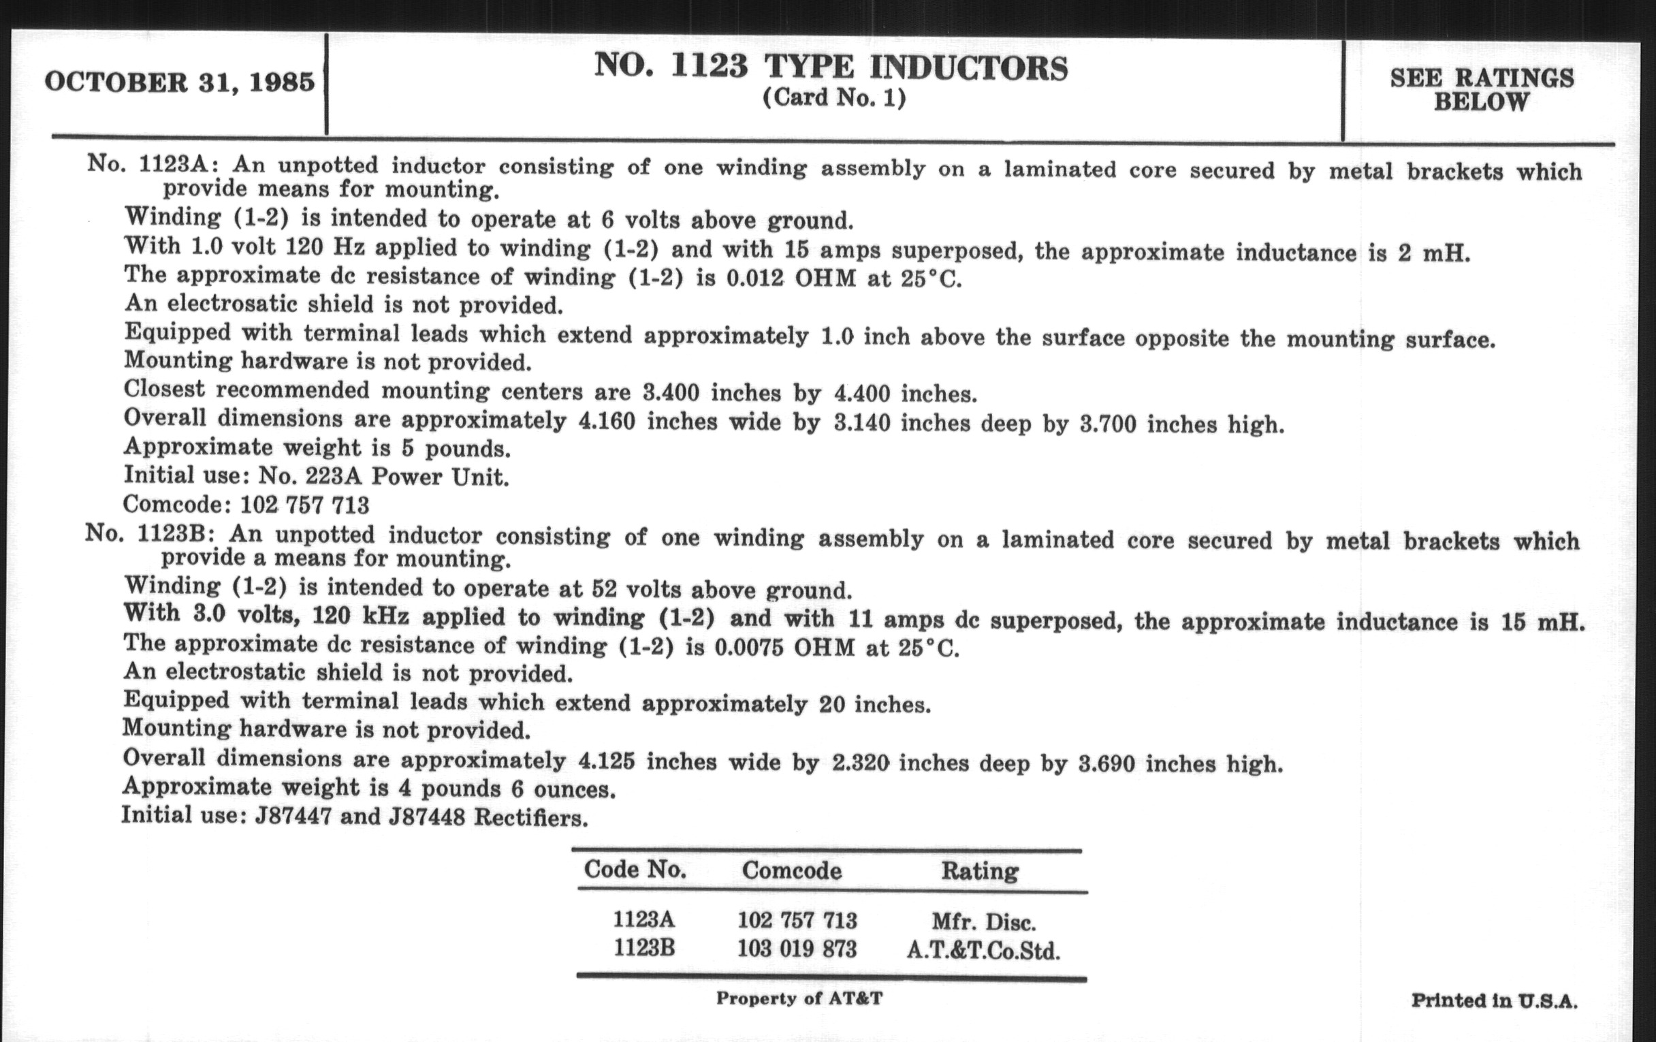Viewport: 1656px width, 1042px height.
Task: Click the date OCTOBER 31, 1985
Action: [180, 82]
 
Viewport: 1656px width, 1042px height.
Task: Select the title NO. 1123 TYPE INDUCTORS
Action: [831, 67]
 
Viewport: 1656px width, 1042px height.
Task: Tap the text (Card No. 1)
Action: [834, 98]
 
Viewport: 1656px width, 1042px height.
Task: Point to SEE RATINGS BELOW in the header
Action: [1481, 90]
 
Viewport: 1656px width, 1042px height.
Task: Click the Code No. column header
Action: [635, 870]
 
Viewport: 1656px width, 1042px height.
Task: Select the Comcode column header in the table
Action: [791, 871]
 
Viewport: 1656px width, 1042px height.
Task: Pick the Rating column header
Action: [979, 872]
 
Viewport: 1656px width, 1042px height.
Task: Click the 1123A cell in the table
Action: [644, 919]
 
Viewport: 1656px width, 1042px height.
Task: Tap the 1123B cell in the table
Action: [644, 949]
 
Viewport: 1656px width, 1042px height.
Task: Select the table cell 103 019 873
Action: [797, 950]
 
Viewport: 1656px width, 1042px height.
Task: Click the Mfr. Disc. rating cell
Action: [983, 921]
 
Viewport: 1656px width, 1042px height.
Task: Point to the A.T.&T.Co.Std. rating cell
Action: [983, 951]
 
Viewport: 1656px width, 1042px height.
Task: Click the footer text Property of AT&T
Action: [799, 998]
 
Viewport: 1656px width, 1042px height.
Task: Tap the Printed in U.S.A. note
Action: [1495, 1000]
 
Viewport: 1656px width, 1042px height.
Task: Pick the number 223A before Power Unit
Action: [333, 476]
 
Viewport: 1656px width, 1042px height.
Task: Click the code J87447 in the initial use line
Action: [293, 817]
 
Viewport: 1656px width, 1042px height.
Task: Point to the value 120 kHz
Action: [360, 616]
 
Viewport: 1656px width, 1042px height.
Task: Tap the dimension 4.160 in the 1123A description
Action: [607, 421]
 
